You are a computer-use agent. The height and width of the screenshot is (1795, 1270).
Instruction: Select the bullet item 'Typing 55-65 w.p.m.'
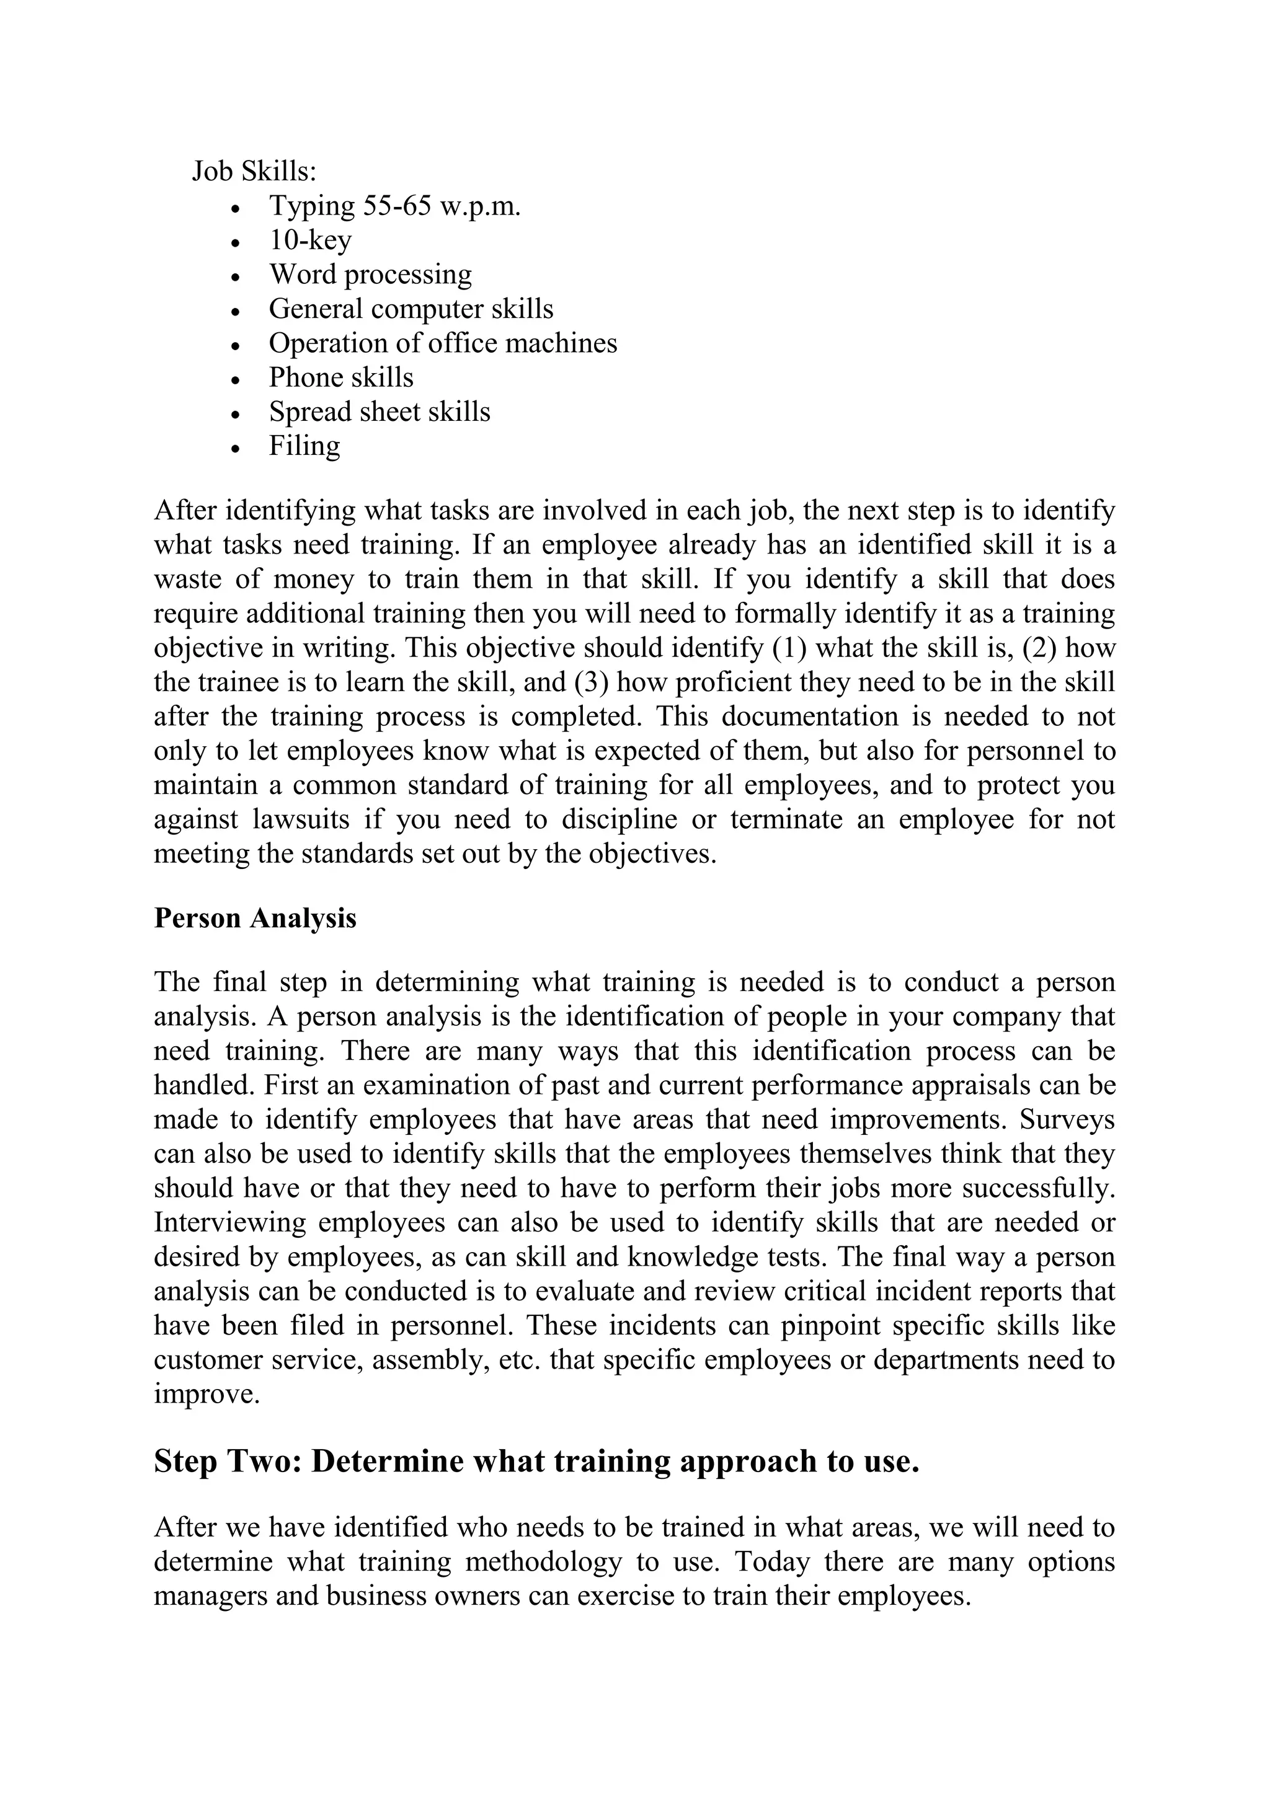[x=394, y=206]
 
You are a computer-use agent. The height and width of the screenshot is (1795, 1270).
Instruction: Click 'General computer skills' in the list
[x=411, y=309]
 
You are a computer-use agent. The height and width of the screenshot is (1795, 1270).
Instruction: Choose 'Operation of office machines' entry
[x=443, y=343]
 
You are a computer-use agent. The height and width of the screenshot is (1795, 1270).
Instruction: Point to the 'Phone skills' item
[x=341, y=377]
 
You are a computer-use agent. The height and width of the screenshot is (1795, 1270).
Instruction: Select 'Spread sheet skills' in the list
[x=380, y=412]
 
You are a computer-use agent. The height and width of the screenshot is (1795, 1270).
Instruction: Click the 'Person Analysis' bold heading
[x=255, y=918]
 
